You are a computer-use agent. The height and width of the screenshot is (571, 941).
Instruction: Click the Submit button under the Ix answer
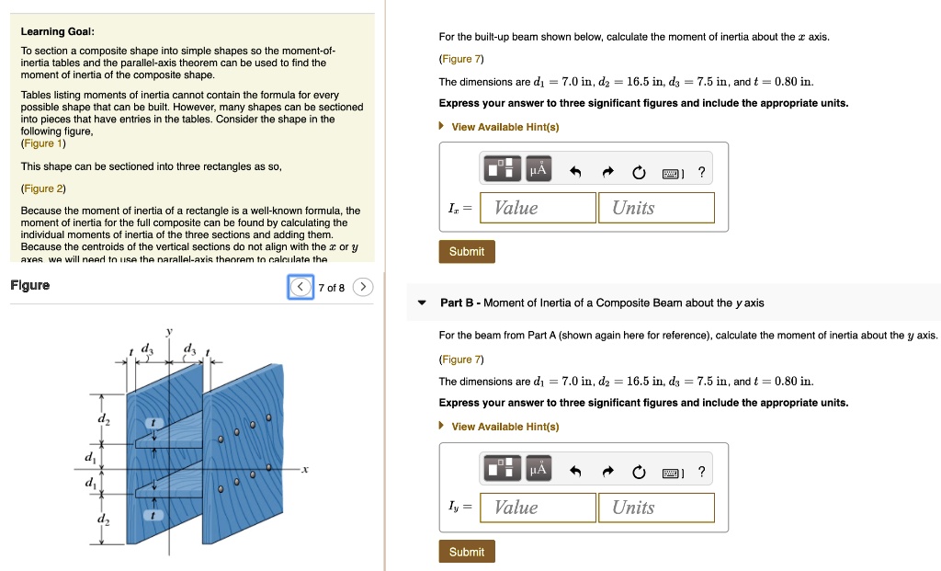coord(467,251)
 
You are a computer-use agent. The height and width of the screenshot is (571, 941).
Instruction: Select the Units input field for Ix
coord(656,208)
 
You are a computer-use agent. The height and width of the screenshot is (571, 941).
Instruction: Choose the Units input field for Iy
coord(656,508)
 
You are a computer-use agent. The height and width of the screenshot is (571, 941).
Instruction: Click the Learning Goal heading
coord(51,32)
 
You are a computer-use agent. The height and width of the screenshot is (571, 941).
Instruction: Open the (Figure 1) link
coord(43,143)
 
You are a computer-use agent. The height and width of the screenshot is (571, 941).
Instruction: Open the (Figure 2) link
coord(43,188)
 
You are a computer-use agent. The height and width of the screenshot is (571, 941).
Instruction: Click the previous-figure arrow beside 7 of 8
coord(300,288)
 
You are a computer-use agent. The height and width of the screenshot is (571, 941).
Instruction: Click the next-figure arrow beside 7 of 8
coord(364,288)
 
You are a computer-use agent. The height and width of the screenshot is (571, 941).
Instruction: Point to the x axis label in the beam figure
coord(304,469)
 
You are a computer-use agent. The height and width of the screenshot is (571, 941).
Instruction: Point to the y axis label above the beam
coord(169,330)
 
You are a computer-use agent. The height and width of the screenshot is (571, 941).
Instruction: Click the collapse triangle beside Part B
coord(422,303)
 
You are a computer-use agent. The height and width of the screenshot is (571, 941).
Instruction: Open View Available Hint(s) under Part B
coord(505,427)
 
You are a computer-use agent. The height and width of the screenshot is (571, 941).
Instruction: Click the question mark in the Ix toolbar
coord(702,172)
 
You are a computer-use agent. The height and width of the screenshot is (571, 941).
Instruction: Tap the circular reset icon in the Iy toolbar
coord(639,472)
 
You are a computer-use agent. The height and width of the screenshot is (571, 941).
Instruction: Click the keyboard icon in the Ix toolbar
coord(671,172)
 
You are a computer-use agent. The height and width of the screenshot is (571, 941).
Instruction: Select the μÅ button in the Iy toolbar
coord(538,471)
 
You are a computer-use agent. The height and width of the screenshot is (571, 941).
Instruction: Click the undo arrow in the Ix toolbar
coord(576,172)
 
